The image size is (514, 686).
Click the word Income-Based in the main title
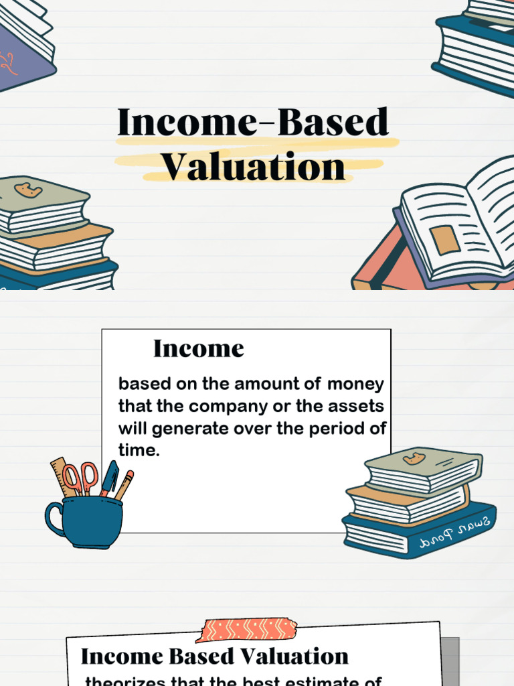point(253,123)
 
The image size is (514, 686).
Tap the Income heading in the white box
point(198,348)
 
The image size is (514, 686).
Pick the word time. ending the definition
point(139,451)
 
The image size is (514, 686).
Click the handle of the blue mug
point(54,519)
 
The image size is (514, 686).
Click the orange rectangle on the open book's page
point(444,240)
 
